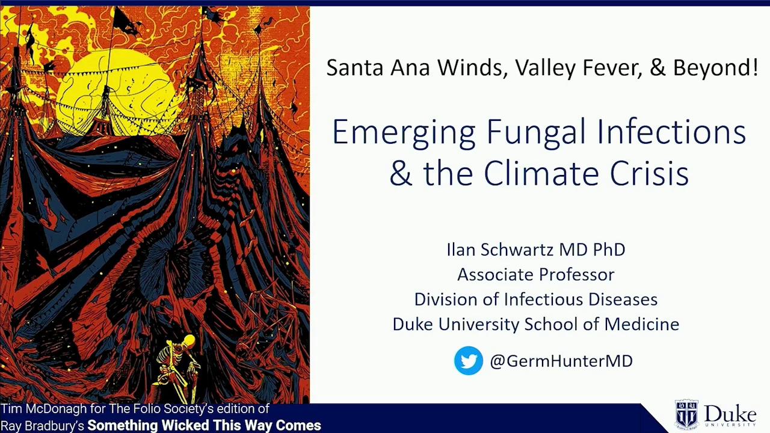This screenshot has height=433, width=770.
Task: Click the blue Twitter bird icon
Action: pyautogui.click(x=468, y=360)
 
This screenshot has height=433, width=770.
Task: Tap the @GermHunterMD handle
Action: pyautogui.click(x=561, y=361)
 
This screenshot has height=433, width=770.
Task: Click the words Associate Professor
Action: pyautogui.click(x=535, y=274)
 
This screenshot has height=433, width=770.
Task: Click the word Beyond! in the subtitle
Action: pyautogui.click(x=715, y=67)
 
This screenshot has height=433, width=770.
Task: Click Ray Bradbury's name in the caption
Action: pyautogui.click(x=42, y=426)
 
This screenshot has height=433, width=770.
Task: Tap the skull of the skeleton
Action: pyautogui.click(x=189, y=341)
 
